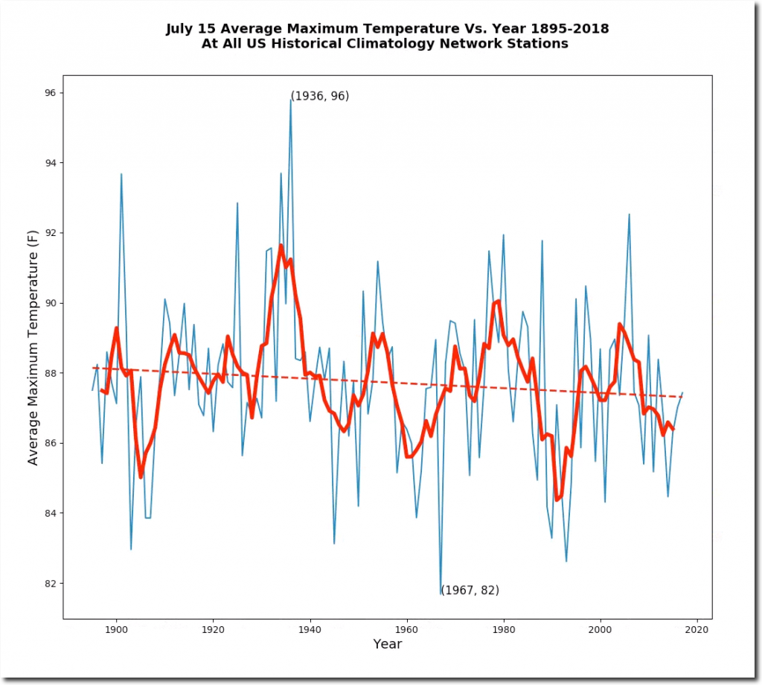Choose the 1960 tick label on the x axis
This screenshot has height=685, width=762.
coord(407,630)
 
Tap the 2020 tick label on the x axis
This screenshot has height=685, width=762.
coord(697,630)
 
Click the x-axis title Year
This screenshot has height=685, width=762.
coord(388,644)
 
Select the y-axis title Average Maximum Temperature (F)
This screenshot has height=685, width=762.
coord(33,348)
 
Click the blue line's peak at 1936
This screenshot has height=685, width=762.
coord(290,100)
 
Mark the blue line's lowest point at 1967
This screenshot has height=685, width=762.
coord(441,593)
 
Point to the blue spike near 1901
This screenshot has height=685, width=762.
coord(121,174)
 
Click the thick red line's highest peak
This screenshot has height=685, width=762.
coord(281,245)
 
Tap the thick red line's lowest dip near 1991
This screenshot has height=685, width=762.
coord(557,500)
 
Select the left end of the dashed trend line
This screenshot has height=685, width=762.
coord(93,367)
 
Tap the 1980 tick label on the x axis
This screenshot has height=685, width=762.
coord(504,630)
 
